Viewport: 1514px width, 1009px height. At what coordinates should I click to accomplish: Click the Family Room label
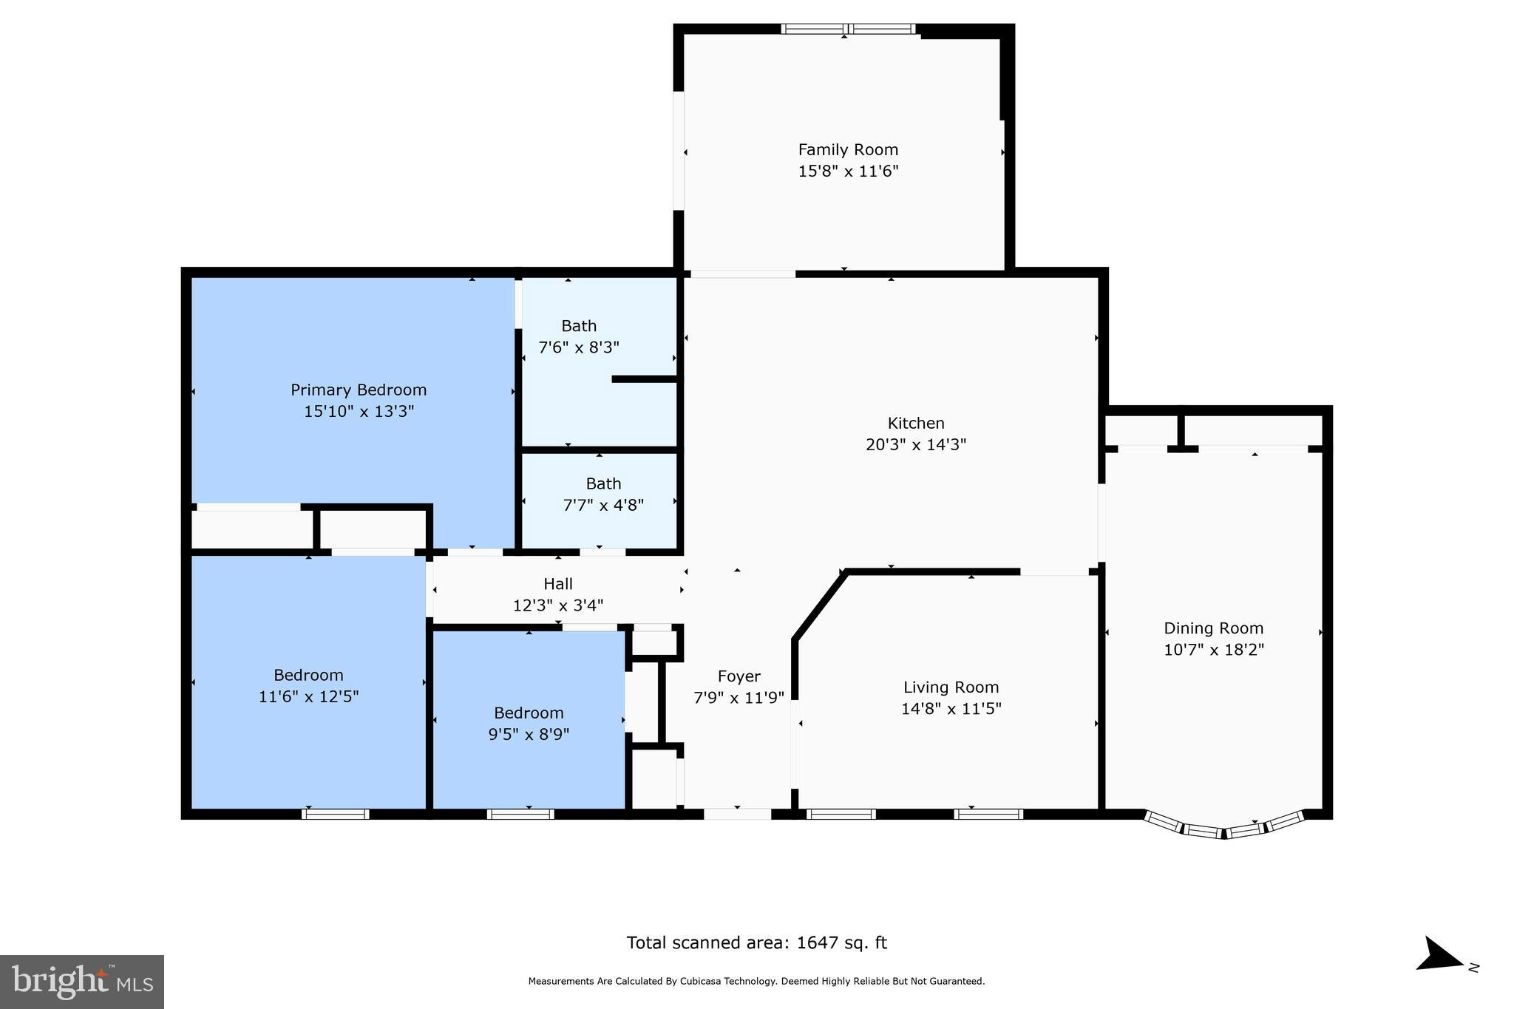(848, 150)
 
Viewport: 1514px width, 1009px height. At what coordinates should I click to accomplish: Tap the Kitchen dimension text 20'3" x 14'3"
(916, 445)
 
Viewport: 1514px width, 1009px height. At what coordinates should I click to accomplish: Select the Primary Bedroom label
(359, 390)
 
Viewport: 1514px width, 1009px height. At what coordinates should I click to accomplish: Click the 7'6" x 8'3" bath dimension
(579, 347)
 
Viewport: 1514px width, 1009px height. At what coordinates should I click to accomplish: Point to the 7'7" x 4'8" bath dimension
(603, 506)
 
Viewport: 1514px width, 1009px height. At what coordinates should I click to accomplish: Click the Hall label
(558, 584)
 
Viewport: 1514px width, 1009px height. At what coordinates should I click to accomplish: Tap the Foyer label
(739, 676)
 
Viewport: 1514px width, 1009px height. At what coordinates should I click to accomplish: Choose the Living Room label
(951, 687)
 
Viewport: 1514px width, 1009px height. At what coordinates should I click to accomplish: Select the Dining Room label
(1214, 628)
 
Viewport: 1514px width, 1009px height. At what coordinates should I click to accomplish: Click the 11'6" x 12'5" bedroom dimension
(309, 697)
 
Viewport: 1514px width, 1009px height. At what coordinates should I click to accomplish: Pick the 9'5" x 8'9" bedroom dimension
(529, 735)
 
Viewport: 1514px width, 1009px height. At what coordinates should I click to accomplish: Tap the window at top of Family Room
(849, 30)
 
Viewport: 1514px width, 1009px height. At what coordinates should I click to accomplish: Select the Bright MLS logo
(82, 982)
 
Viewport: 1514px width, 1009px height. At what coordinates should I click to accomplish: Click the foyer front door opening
(737, 814)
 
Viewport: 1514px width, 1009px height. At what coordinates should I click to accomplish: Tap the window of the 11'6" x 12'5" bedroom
(336, 814)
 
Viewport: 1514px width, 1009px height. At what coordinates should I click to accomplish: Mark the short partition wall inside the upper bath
(645, 379)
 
